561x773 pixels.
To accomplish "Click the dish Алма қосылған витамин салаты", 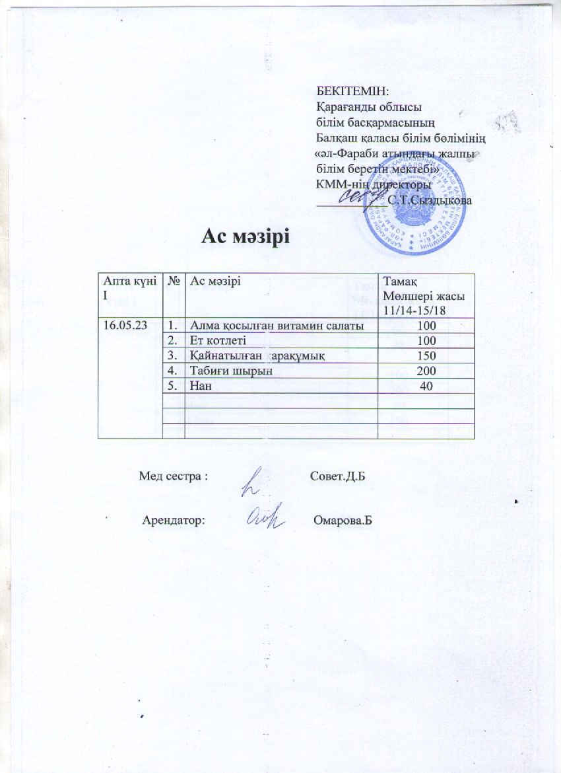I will [276, 325].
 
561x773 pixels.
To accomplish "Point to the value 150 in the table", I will [426, 356].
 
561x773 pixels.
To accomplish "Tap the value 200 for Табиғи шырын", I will [426, 371].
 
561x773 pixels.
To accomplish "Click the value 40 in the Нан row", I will [426, 386].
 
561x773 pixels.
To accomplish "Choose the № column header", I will [174, 282].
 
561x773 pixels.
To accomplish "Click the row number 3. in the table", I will [172, 356].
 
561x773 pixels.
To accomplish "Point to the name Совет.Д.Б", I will [337, 476].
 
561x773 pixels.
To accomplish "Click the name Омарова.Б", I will [341, 520].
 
